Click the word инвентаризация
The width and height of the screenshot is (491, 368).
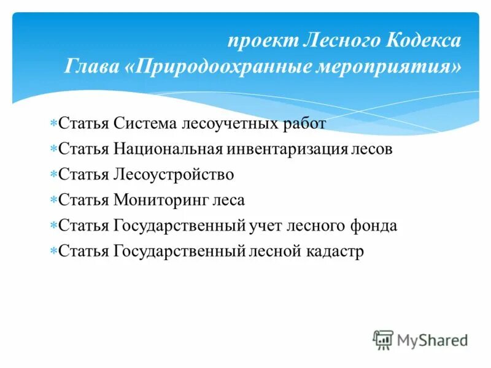[288, 149]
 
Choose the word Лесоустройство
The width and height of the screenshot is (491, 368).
[174, 175]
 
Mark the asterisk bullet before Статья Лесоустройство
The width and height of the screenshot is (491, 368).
[53, 175]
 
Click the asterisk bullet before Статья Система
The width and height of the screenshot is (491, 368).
[53, 123]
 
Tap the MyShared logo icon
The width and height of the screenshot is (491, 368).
[383, 340]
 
